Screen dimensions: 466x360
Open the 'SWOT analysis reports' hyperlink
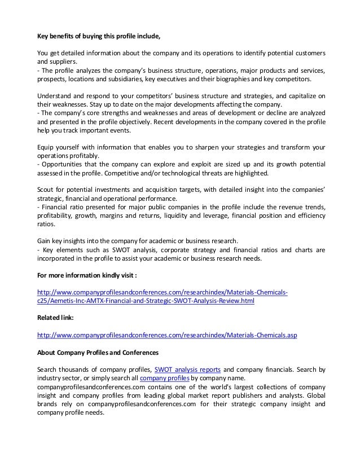187,370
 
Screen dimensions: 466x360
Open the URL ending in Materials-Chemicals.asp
167,335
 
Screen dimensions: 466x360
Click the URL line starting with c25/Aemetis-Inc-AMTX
146,301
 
